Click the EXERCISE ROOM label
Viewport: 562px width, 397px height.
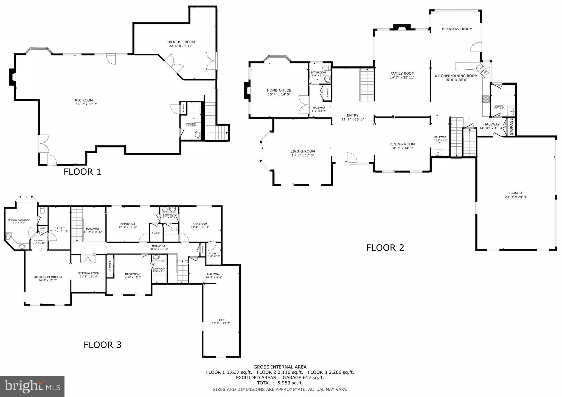point(181,42)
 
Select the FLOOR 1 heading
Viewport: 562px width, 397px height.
point(82,172)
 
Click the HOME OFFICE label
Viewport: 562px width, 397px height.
point(279,90)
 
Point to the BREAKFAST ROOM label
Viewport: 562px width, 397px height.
point(457,29)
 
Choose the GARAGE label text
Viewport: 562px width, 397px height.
point(516,193)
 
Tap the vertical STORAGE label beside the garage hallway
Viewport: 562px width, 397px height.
point(512,127)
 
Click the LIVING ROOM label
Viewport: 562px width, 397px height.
point(302,151)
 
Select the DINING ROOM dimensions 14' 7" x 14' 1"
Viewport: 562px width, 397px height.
point(402,148)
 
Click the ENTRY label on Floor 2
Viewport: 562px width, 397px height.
point(353,115)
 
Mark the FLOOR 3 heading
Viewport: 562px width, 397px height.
point(102,345)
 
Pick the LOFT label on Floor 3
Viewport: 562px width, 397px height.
point(221,320)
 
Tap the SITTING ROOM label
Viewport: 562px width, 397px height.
point(89,273)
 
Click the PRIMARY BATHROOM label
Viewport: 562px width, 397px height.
point(19,220)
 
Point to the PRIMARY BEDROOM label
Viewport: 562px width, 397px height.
point(47,277)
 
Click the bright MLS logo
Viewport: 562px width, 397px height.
point(32,386)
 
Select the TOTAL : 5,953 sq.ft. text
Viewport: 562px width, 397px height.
point(280,383)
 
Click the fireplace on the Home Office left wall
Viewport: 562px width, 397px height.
point(246,90)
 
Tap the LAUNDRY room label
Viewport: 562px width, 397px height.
point(499,106)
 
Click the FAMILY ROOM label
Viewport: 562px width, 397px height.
point(402,73)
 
